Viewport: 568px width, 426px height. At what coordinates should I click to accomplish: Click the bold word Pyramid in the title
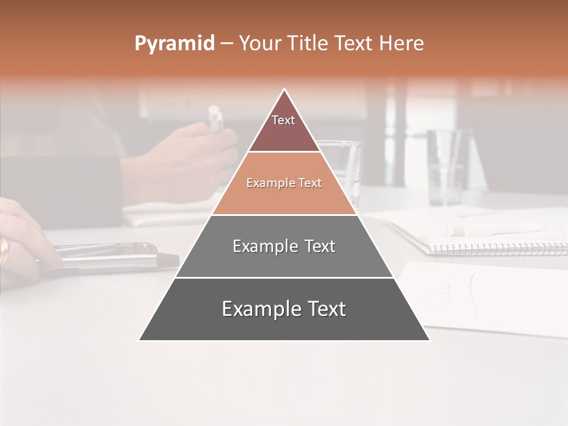174,44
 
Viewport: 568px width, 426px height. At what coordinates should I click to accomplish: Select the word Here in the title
401,44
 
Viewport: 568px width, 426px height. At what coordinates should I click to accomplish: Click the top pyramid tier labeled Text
284,124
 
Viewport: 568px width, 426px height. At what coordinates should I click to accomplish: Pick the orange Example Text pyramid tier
284,183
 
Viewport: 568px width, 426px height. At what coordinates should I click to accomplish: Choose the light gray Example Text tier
284,246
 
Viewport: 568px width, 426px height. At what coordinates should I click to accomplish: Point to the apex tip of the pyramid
285,90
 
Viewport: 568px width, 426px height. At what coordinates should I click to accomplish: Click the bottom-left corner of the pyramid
140,340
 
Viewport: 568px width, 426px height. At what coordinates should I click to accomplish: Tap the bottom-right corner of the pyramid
429,340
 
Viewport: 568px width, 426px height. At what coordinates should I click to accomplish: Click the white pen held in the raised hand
215,118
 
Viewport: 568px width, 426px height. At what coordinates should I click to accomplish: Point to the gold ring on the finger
4,250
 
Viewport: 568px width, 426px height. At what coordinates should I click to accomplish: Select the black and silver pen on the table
118,258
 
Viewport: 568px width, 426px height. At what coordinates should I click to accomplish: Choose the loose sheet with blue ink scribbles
485,296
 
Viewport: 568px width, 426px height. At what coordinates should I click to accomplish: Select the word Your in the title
261,44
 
